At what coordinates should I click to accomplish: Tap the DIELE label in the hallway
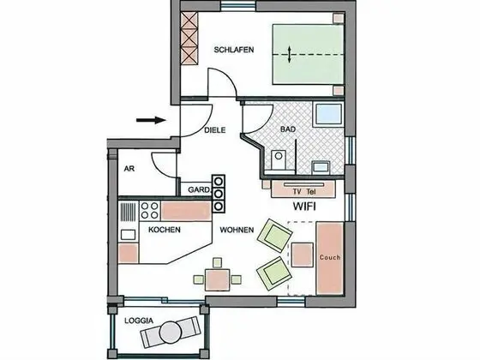click(x=215, y=131)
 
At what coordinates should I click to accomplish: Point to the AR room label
click(x=130, y=169)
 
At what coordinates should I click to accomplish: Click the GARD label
click(x=198, y=189)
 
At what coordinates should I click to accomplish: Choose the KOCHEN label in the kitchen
click(x=164, y=231)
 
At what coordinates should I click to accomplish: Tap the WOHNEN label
click(x=236, y=231)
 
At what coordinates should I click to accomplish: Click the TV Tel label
click(x=303, y=192)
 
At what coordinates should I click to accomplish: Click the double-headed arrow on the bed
click(x=290, y=54)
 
